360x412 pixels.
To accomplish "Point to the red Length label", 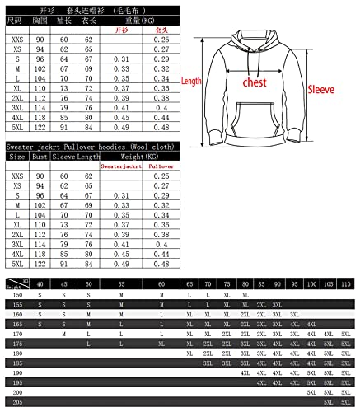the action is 191,82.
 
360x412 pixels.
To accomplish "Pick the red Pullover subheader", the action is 161,166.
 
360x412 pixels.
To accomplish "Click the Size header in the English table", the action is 17,155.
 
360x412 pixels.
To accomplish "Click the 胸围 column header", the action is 40,18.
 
